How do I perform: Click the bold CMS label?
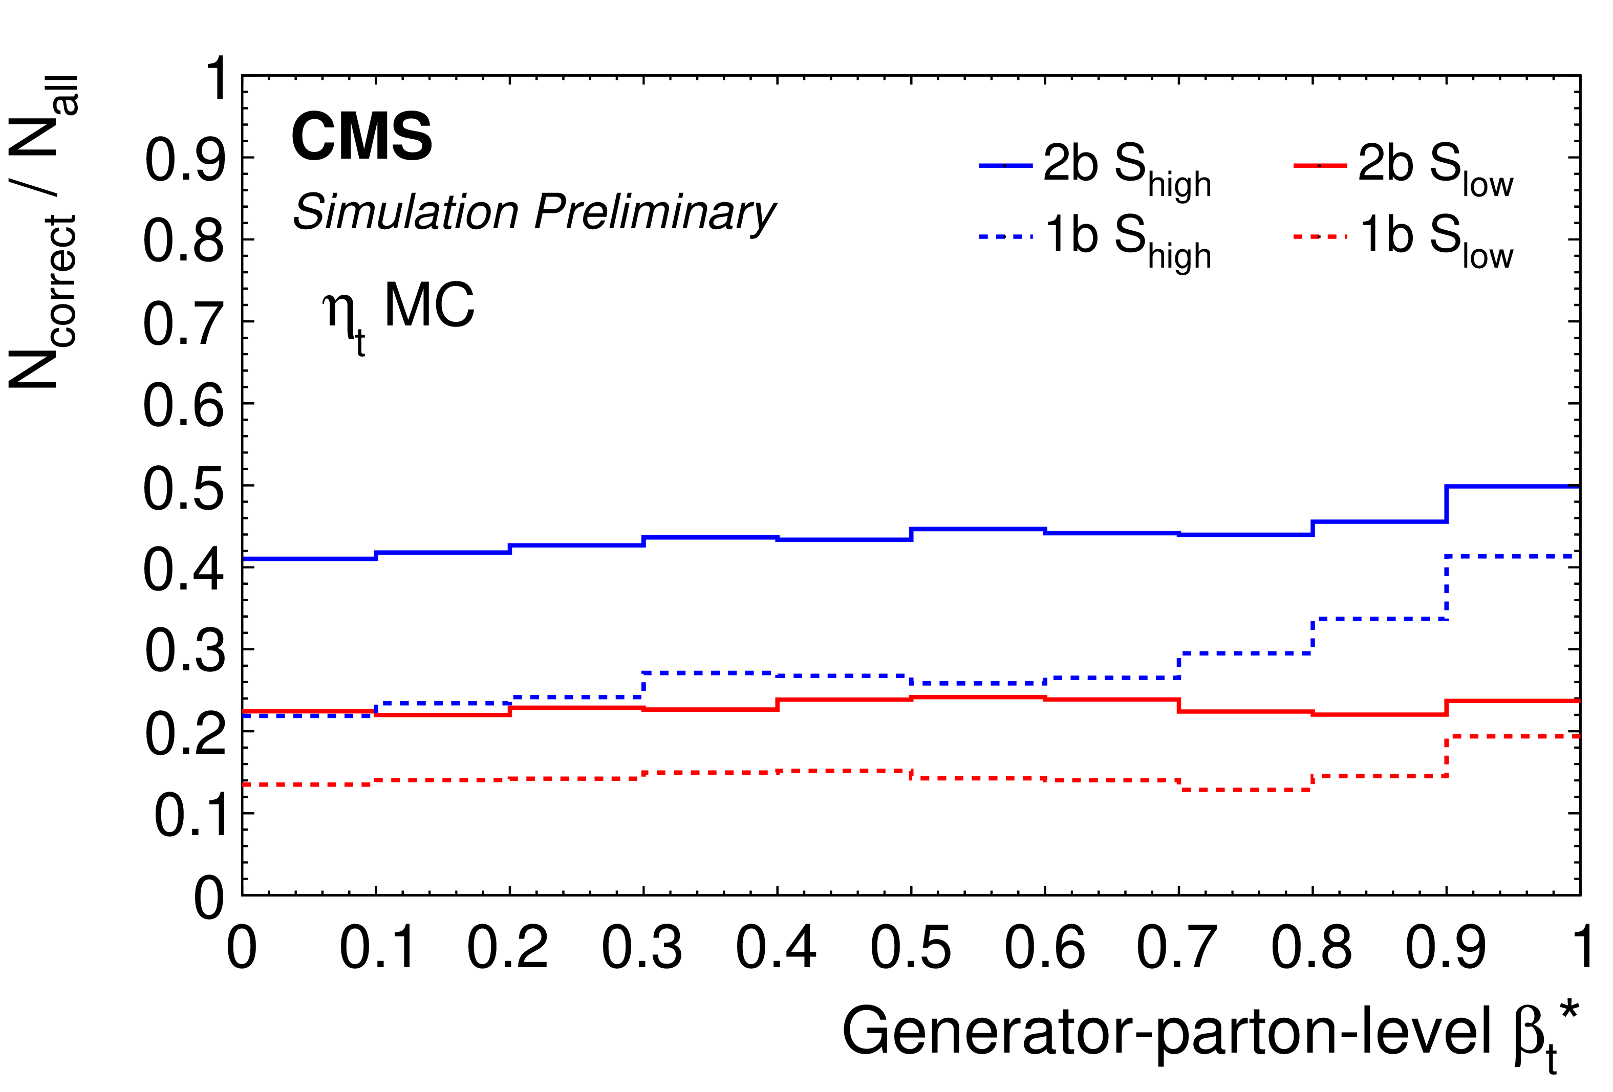click(x=361, y=137)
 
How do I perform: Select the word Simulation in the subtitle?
click(x=406, y=212)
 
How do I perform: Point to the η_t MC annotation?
click(x=398, y=310)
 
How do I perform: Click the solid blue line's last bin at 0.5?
click(x=1513, y=486)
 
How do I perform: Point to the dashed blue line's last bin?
click(x=1513, y=556)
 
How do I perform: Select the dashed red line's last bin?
click(x=1513, y=736)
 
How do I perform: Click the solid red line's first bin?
click(x=309, y=711)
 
